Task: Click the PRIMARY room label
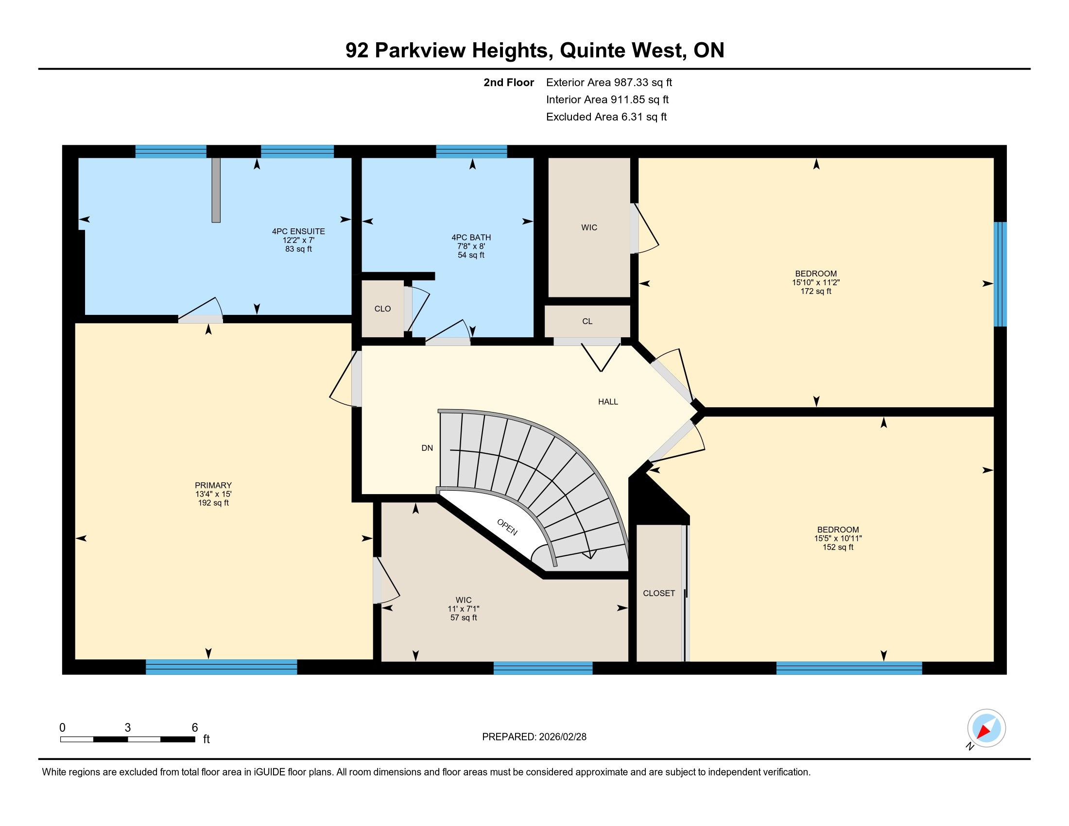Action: click(213, 485)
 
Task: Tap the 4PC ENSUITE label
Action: click(298, 231)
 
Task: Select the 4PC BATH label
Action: click(471, 237)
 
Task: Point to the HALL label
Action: click(608, 402)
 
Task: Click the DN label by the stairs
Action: click(427, 448)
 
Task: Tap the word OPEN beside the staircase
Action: click(507, 527)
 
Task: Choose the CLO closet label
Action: click(383, 309)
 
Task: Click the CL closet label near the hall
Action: click(587, 322)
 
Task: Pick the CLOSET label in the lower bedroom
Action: click(659, 593)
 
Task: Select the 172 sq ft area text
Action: click(816, 291)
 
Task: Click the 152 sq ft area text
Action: click(838, 547)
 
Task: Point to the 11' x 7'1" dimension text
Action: click(464, 609)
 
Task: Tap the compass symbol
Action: click(986, 729)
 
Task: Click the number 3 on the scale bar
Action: click(128, 728)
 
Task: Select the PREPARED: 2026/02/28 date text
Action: click(534, 737)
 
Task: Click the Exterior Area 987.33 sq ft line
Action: click(609, 82)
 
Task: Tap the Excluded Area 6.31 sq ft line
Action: click(606, 117)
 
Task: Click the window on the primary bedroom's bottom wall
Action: click(221, 667)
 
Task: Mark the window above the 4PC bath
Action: click(471, 151)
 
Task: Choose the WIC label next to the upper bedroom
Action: click(589, 227)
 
